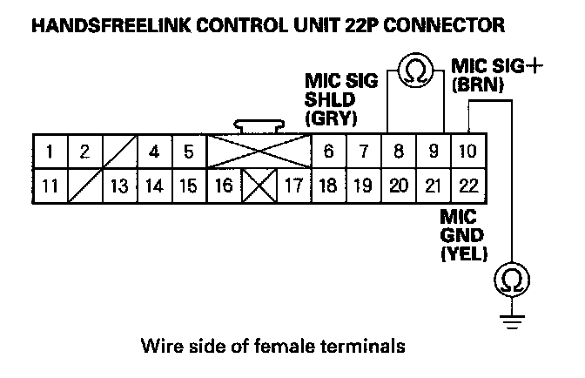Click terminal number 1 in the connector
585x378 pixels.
pos(50,152)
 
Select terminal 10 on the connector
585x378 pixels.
pos(467,152)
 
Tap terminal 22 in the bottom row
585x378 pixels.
pos(467,185)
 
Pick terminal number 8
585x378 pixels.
pos(399,152)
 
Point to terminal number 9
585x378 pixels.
pos(433,152)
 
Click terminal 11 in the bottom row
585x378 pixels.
pos(50,185)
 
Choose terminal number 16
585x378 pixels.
pos(223,185)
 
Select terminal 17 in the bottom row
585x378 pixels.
pos(293,185)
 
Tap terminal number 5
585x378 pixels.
pos(188,152)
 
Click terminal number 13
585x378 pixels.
pos(119,185)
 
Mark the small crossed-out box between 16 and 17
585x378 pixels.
pos(259,185)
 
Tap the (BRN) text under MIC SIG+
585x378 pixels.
pos(473,85)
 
